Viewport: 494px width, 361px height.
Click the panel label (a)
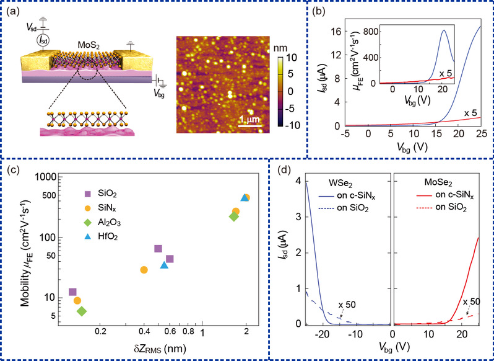click(16, 12)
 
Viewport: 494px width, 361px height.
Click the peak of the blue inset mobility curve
click(444, 30)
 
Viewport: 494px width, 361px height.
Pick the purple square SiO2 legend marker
click(89, 194)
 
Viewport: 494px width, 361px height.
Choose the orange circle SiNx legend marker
click(89, 208)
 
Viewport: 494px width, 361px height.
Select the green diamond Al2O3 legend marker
click(89, 223)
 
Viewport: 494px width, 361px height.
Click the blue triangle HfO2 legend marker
click(89, 238)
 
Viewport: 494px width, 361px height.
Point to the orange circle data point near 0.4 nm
click(144, 270)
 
